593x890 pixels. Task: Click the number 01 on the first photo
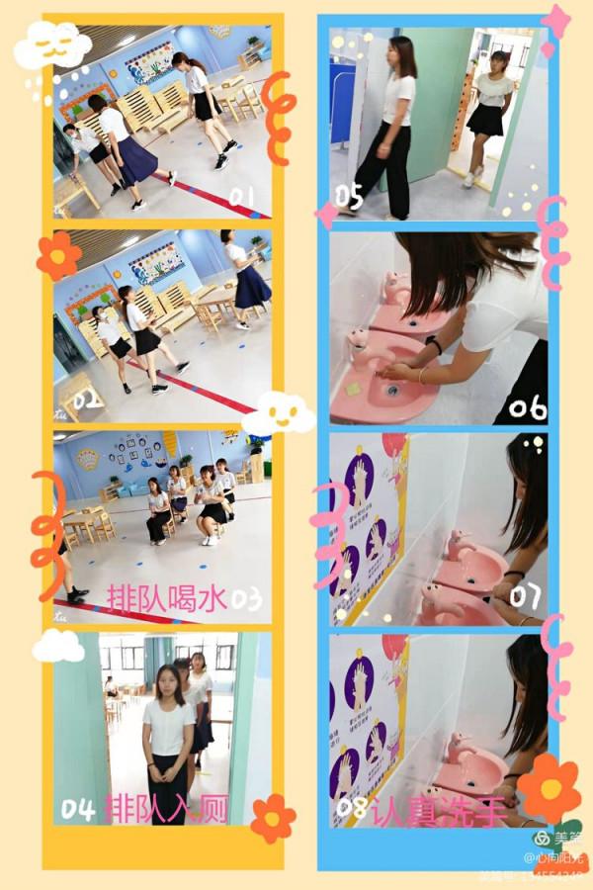242,198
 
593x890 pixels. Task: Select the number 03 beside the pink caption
247,598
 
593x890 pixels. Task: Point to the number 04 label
78,810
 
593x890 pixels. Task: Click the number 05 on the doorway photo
349,198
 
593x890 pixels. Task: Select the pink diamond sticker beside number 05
327,214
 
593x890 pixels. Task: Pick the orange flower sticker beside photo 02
58,255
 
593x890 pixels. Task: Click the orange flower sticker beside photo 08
549,788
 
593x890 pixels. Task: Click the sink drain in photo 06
391,390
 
